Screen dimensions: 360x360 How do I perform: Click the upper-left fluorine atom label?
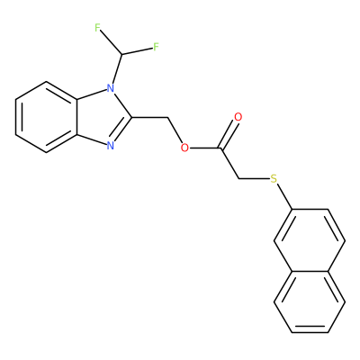pyautogui.click(x=97, y=28)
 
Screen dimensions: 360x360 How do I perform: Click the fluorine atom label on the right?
pyautogui.click(x=156, y=47)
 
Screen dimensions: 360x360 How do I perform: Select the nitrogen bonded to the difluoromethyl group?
pyautogui.click(x=111, y=88)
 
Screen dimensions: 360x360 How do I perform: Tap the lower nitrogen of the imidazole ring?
pyautogui.click(x=111, y=146)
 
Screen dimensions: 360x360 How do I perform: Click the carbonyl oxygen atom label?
pyautogui.click(x=238, y=117)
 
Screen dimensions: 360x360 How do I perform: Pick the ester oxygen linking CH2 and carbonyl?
pyautogui.click(x=184, y=148)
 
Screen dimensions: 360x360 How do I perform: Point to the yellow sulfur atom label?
pyautogui.click(x=274, y=179)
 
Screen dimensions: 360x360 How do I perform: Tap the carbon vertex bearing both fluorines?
pyautogui.click(x=121, y=54)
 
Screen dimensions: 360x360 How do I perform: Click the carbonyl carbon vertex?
pyautogui.click(x=221, y=148)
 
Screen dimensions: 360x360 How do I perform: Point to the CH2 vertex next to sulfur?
pyautogui.click(x=239, y=179)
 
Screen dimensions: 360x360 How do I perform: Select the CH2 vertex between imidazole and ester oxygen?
pyautogui.click(x=167, y=117)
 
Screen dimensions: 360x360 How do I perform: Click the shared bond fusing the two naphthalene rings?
pyautogui.click(x=310, y=272)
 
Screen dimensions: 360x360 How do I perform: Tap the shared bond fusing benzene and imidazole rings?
pyautogui.click(x=76, y=117)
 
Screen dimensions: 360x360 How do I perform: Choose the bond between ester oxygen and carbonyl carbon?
pyautogui.click(x=205, y=148)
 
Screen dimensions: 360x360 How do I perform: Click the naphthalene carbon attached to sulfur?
pyautogui.click(x=292, y=209)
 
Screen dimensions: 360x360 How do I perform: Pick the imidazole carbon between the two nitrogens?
pyautogui.click(x=132, y=117)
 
